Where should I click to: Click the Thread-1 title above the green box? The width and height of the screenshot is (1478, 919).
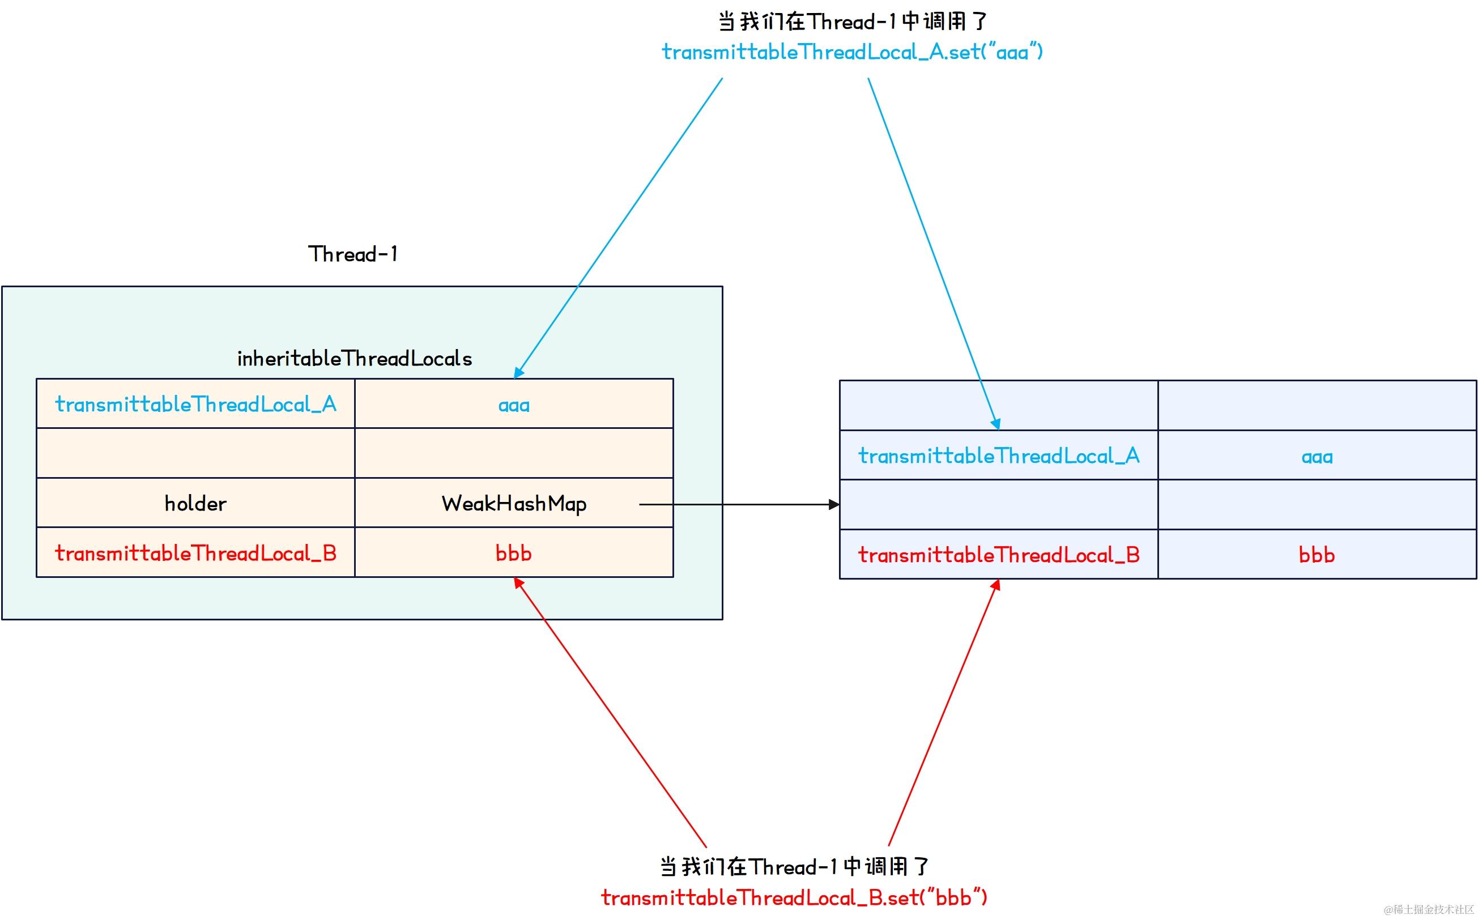click(353, 254)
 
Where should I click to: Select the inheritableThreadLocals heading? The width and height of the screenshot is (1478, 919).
click(354, 359)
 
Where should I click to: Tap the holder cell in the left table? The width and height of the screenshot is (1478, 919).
click(195, 503)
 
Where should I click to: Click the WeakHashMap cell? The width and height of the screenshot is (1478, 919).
click(513, 503)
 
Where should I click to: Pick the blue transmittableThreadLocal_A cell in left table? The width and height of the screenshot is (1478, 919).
click(195, 404)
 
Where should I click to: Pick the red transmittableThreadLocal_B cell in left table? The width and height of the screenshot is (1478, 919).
click(195, 553)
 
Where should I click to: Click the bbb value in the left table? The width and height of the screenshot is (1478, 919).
click(513, 553)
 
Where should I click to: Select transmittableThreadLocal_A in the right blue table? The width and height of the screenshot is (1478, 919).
click(999, 456)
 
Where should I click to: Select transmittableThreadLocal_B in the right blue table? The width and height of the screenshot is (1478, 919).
click(999, 554)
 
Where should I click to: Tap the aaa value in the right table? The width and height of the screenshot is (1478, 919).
click(1317, 457)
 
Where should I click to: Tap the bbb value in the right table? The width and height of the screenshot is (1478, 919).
click(1317, 554)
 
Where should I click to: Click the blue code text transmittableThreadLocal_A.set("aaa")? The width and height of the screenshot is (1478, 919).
click(852, 52)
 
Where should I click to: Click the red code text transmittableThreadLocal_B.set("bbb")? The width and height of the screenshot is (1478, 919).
click(794, 897)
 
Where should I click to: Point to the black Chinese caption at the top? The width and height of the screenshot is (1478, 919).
click(852, 22)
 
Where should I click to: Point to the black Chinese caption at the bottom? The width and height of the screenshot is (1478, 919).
click(794, 867)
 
